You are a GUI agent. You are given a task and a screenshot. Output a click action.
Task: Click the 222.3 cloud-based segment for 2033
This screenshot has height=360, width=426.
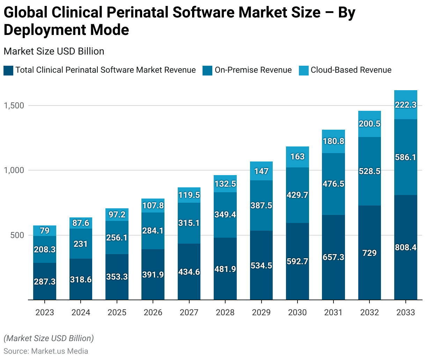[x=406, y=105]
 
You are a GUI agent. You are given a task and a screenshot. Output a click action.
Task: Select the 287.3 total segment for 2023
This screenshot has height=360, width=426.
[x=45, y=281]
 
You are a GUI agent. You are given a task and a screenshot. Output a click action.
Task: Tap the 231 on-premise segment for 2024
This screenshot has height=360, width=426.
[x=81, y=244]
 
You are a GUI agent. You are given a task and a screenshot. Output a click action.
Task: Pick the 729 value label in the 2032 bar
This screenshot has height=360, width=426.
[x=369, y=253]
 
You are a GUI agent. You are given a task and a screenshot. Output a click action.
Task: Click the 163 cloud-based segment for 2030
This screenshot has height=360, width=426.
[x=298, y=157]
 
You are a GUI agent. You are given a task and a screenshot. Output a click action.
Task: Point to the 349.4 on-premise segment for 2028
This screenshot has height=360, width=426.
[x=225, y=215]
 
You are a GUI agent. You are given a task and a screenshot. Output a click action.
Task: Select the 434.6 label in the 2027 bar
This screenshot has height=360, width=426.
[x=189, y=272]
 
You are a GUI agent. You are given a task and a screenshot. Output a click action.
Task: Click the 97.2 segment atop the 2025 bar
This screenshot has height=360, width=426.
[x=117, y=215]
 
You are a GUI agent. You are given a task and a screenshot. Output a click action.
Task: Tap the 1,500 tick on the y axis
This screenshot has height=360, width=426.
[x=14, y=106]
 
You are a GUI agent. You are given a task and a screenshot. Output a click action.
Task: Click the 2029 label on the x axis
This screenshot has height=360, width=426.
[x=261, y=312]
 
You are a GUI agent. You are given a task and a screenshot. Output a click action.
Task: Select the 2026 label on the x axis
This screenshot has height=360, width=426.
[x=153, y=312]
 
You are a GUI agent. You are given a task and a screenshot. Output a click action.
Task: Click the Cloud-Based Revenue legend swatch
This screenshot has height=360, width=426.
[x=304, y=71]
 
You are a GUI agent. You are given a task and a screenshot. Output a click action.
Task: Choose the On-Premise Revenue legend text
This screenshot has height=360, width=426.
[x=253, y=70]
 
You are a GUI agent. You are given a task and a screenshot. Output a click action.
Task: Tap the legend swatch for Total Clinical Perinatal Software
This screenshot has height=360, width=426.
[x=8, y=71]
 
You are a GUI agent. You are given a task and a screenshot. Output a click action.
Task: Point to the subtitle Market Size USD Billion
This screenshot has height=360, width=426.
[x=54, y=51]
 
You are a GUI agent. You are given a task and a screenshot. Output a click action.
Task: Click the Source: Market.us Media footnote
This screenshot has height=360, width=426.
[x=46, y=351]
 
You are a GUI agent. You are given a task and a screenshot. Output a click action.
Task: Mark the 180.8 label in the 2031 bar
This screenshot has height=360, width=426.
[x=333, y=141]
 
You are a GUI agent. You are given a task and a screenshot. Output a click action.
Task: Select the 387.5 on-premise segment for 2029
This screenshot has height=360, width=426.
[x=261, y=206]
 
